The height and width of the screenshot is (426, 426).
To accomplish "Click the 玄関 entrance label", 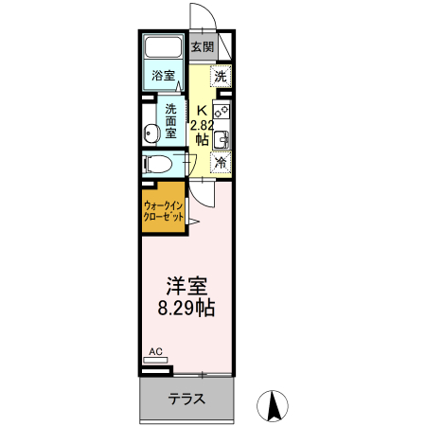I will (203, 46).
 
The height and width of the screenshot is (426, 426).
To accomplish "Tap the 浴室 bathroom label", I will (163, 76).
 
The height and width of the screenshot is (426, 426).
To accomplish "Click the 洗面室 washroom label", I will (171, 120).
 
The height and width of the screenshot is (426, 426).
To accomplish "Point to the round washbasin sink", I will (151, 133).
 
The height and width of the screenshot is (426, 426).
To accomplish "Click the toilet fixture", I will (158, 163).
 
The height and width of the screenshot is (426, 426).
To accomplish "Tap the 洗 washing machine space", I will (221, 76).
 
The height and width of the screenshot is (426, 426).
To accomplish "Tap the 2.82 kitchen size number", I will (201, 124).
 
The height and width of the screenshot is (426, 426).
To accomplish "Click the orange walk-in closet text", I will (163, 210).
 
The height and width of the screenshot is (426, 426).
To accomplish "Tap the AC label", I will (156, 352).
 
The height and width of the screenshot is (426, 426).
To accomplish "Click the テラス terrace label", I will (187, 399).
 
